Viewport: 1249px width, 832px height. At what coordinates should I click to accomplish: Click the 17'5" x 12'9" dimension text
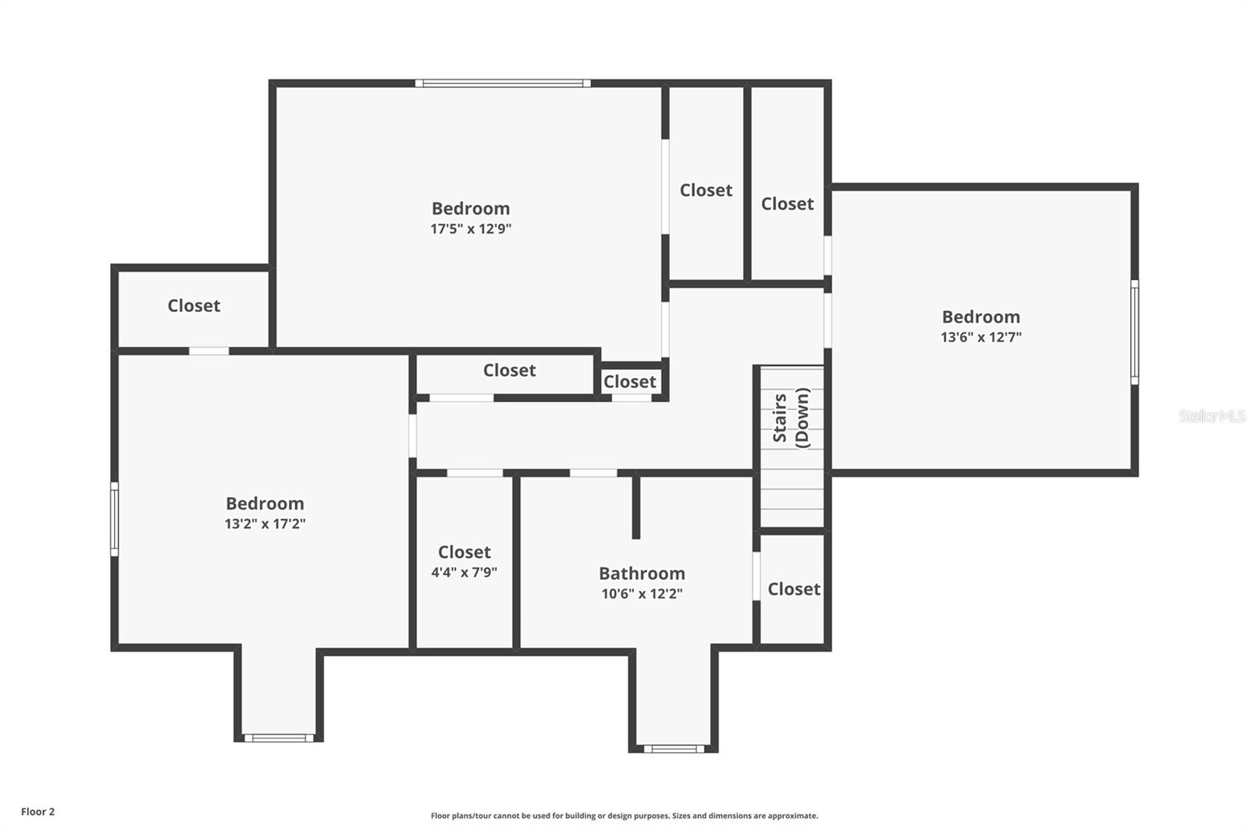(x=471, y=229)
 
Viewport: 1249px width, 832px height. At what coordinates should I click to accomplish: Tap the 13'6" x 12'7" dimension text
(x=980, y=337)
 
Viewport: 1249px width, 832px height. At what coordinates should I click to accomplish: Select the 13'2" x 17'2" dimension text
(x=265, y=524)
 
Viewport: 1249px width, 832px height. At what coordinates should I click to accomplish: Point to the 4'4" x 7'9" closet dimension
(x=464, y=572)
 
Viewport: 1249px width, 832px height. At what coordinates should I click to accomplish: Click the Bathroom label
(x=642, y=574)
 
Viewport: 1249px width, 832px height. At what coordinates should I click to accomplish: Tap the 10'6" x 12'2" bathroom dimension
(x=642, y=593)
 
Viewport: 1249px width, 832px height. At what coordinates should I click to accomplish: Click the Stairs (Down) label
(x=791, y=418)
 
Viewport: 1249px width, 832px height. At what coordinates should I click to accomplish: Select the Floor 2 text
(x=37, y=812)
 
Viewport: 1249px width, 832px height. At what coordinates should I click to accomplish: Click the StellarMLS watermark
(x=1212, y=416)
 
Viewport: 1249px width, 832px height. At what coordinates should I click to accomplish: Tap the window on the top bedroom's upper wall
(x=503, y=83)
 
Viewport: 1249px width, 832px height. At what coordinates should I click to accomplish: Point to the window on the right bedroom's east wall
(x=1134, y=332)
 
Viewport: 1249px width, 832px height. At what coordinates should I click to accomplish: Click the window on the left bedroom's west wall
(x=115, y=519)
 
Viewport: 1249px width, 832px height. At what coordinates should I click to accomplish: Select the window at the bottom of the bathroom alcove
(x=674, y=748)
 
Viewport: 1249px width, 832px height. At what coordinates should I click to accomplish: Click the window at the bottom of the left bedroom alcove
(x=279, y=738)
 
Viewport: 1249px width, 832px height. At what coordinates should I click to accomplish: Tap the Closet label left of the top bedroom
(x=194, y=306)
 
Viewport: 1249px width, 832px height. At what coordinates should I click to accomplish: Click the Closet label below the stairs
(x=793, y=589)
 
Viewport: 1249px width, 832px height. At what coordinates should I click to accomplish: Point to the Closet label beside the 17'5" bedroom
(x=706, y=190)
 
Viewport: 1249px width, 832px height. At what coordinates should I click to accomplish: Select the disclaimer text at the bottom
(x=624, y=816)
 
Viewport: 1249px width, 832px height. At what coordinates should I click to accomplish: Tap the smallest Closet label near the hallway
(x=629, y=382)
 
